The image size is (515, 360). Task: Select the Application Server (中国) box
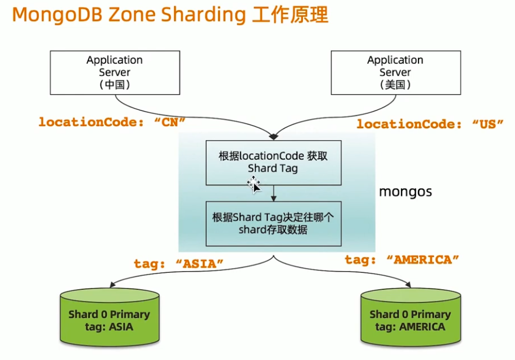pos(115,72)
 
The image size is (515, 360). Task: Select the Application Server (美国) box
pos(395,72)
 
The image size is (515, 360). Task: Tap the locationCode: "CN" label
pos(112,122)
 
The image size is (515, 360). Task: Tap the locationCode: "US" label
pos(430,124)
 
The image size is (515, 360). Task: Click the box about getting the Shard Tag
pos(273,162)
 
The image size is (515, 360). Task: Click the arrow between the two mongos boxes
pos(273,193)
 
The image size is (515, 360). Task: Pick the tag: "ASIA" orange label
pos(179,264)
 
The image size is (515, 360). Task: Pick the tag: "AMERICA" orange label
pos(402,260)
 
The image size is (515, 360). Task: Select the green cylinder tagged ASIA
pos(109,319)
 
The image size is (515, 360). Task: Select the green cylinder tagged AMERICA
pos(410,319)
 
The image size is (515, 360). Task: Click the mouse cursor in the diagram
pos(254,187)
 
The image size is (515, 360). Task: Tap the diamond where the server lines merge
pos(273,137)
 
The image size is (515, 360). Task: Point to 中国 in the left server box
pos(115,85)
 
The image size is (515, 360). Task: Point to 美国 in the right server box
pos(395,85)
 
